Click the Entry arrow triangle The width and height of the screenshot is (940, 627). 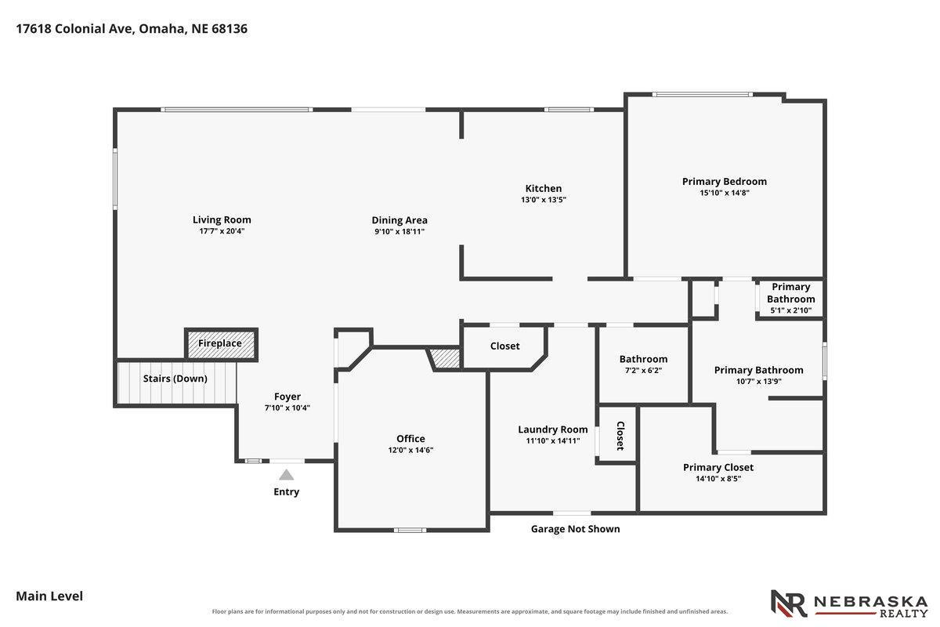286,475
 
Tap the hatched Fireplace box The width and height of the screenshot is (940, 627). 221,345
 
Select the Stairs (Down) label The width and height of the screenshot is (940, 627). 175,379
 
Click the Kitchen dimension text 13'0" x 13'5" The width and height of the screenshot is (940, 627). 544,200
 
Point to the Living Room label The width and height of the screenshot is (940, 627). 222,219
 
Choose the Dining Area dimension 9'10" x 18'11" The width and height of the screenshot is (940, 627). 399,231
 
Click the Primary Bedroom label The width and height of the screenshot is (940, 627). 725,181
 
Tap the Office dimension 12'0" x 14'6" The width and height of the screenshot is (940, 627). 410,450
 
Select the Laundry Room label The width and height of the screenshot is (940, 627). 553,429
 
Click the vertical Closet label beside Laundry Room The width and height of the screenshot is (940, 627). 620,436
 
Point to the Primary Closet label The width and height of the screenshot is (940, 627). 718,467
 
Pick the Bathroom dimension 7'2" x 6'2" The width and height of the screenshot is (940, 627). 643,371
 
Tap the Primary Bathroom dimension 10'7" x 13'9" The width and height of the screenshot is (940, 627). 759,382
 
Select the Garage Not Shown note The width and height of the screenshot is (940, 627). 575,529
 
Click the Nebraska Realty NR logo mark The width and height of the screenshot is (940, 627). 789,603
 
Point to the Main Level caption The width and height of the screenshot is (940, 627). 49,596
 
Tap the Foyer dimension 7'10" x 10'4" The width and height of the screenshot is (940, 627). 287,408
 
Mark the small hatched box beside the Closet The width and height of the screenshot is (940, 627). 445,359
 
